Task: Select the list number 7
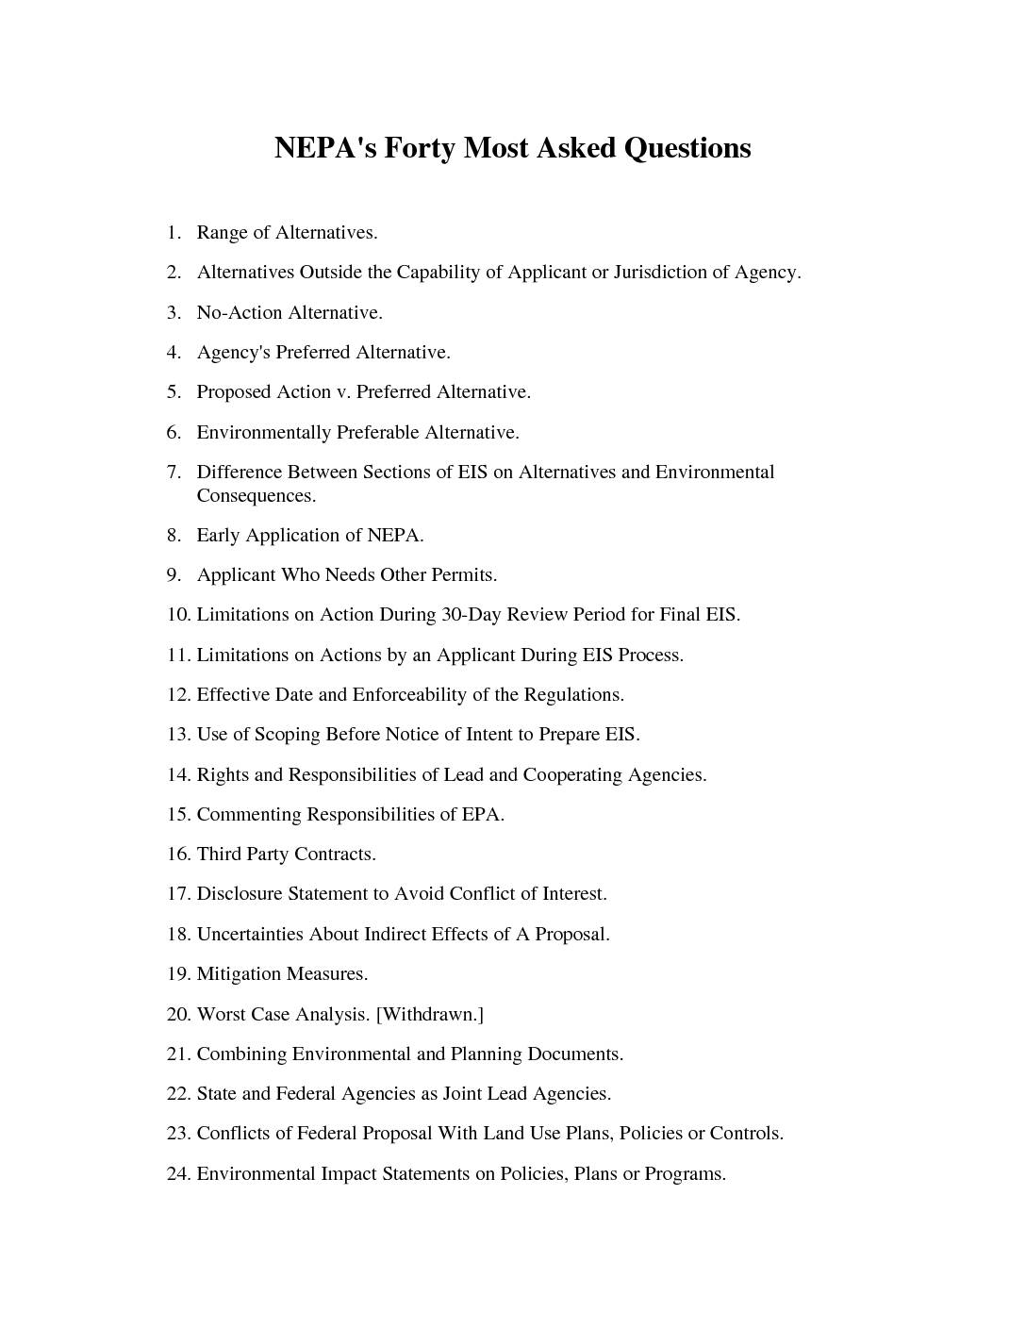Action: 174,472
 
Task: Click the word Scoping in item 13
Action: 287,735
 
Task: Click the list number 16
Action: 178,855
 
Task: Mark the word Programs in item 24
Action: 685,1174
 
